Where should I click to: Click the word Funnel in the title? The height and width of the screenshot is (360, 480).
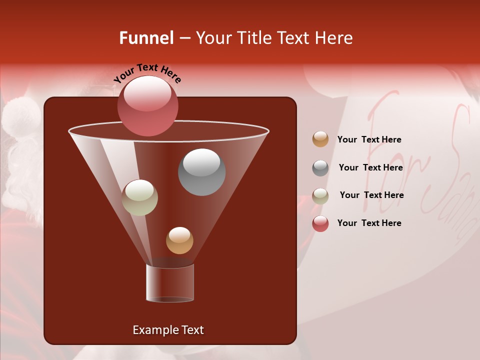coord(146,38)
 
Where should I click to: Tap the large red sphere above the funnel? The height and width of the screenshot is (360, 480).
coord(147,105)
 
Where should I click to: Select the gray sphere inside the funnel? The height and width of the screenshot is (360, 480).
coord(201,172)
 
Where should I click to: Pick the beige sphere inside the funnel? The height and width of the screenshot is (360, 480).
coord(139,197)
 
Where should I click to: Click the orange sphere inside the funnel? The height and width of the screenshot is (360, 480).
coord(179,240)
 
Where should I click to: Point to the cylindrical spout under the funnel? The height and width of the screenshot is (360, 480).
coord(170,283)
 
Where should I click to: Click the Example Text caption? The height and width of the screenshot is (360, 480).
coord(168,330)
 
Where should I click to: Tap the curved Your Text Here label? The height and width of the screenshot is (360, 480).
coord(147,73)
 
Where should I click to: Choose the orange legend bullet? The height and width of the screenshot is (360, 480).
coord(320,139)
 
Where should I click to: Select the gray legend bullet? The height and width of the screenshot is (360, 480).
coord(320,168)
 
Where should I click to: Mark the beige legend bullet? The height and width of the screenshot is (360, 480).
coord(320,196)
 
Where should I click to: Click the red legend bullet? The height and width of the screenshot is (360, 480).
coord(320,223)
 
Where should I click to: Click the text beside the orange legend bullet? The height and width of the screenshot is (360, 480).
coord(369,139)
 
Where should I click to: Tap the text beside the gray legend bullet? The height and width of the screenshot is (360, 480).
coord(370,167)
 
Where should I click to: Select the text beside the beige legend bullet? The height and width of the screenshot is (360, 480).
coord(371,195)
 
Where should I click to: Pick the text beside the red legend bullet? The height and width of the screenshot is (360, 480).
coord(369,223)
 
